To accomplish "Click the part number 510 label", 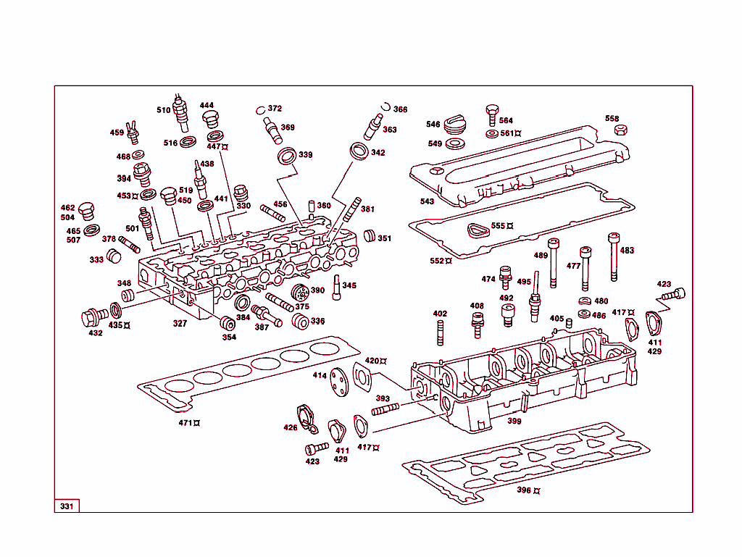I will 163,110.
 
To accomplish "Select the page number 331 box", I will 67,506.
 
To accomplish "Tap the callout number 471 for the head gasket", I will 186,423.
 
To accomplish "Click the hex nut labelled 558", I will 620,130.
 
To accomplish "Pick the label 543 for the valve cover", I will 427,201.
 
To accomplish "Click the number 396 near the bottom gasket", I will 524,490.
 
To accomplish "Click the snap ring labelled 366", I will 387,106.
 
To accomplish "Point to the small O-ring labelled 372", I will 261,111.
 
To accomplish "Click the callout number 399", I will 514,421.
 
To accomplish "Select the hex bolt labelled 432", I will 92,317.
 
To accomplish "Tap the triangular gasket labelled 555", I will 478,230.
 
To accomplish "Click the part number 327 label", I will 180,324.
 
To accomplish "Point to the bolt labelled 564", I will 491,112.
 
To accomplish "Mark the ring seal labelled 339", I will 288,156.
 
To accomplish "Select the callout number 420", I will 372,361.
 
